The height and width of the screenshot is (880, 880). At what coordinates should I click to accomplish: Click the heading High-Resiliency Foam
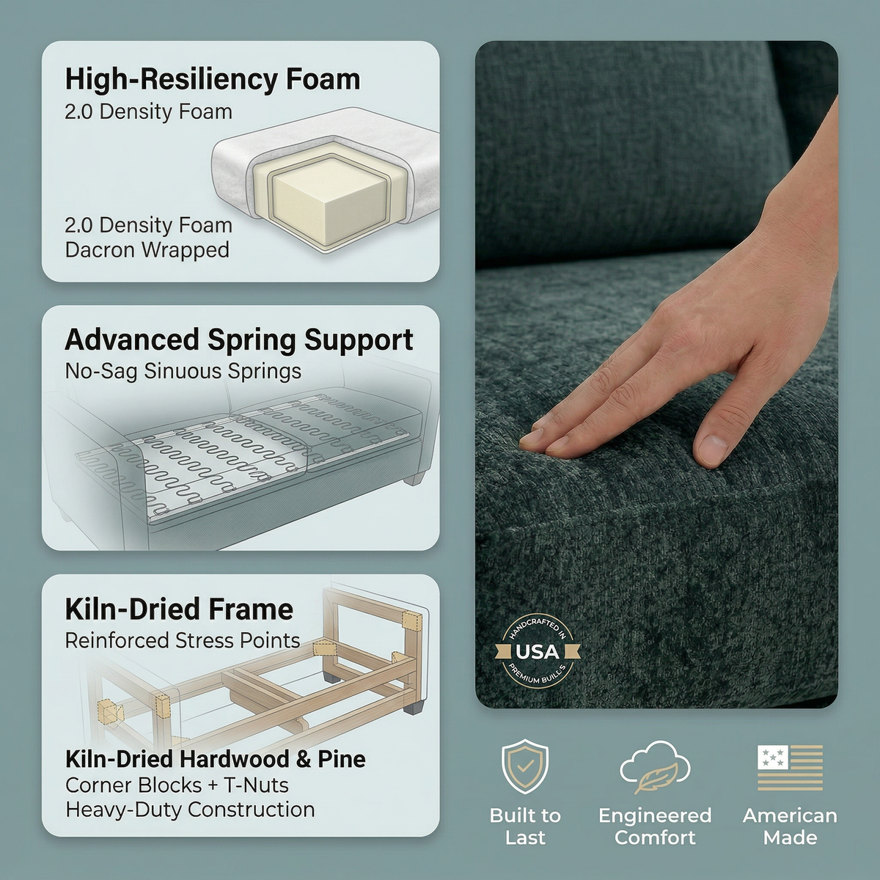pyautogui.click(x=213, y=79)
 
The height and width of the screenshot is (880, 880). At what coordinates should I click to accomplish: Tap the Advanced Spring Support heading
pyautogui.click(x=239, y=340)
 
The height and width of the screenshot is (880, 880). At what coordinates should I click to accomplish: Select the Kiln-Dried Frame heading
pyautogui.click(x=179, y=609)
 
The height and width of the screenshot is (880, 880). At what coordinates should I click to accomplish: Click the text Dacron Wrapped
pyautogui.click(x=147, y=250)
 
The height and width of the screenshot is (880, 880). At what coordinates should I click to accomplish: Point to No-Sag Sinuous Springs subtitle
pyautogui.click(x=183, y=371)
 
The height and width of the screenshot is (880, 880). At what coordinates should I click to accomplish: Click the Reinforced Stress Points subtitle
pyautogui.click(x=182, y=641)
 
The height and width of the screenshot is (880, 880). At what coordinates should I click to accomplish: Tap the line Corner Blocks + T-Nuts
pyautogui.click(x=177, y=785)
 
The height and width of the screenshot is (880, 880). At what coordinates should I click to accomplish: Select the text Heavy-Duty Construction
pyautogui.click(x=190, y=810)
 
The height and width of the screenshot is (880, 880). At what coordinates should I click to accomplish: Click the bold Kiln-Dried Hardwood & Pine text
pyautogui.click(x=216, y=760)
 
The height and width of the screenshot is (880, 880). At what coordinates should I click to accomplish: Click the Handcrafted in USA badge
pyautogui.click(x=537, y=652)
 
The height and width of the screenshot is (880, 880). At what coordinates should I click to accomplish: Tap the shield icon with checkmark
pyautogui.click(x=525, y=767)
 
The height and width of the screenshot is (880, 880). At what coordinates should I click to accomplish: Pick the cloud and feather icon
pyautogui.click(x=655, y=767)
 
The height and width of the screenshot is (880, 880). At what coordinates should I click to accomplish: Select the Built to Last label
pyautogui.click(x=525, y=826)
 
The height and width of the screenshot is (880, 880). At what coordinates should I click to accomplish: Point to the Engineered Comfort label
pyautogui.click(x=655, y=826)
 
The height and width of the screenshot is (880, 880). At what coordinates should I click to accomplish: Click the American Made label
pyautogui.click(x=790, y=826)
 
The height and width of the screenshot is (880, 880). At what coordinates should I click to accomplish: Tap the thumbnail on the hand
pyautogui.click(x=714, y=449)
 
